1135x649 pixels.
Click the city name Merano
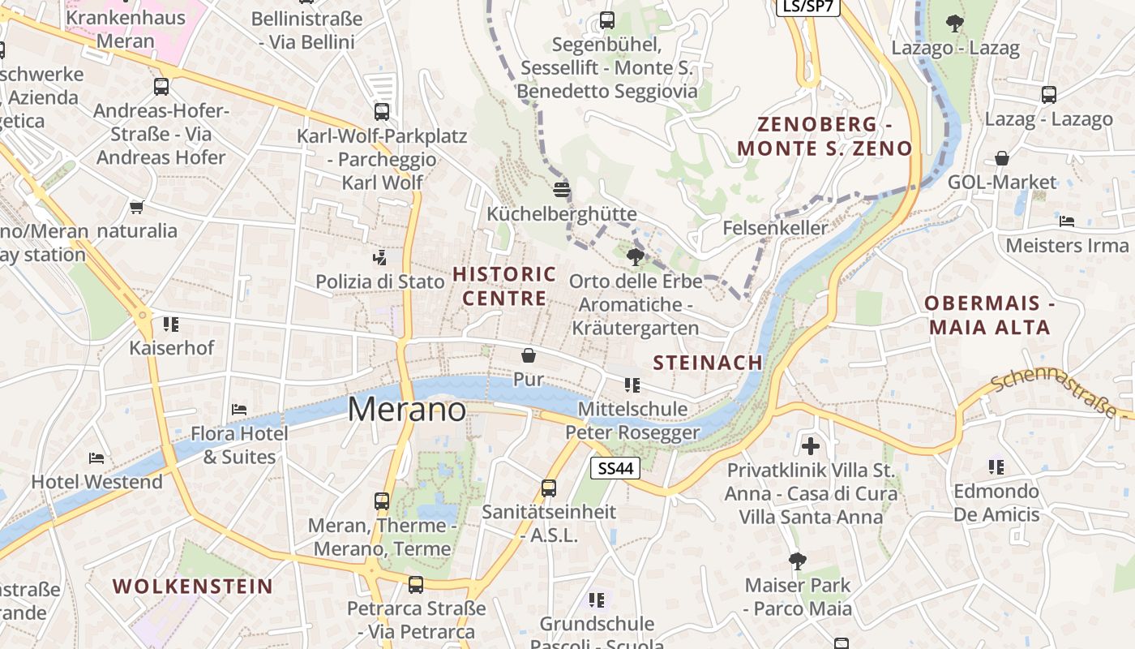(407, 410)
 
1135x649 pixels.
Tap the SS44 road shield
(615, 468)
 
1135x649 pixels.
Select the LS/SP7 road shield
(807, 6)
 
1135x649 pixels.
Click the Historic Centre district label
(504, 286)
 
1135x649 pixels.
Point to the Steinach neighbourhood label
(708, 363)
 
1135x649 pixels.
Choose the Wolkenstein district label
(192, 586)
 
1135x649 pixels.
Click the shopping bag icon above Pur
(529, 355)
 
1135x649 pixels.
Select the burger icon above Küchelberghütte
(562, 190)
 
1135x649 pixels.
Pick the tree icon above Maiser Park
(798, 561)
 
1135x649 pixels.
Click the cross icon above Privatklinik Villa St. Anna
(811, 445)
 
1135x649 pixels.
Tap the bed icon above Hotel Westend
(96, 458)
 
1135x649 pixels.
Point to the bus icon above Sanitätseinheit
(549, 488)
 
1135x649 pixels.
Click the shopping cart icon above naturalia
(137, 207)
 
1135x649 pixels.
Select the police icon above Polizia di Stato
(379, 258)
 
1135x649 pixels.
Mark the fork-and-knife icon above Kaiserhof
(171, 324)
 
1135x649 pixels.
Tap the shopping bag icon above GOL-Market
(1002, 158)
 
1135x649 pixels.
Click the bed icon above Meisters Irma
(1067, 221)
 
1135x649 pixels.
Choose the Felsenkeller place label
(775, 227)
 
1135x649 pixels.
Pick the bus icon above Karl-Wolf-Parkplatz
(382, 111)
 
